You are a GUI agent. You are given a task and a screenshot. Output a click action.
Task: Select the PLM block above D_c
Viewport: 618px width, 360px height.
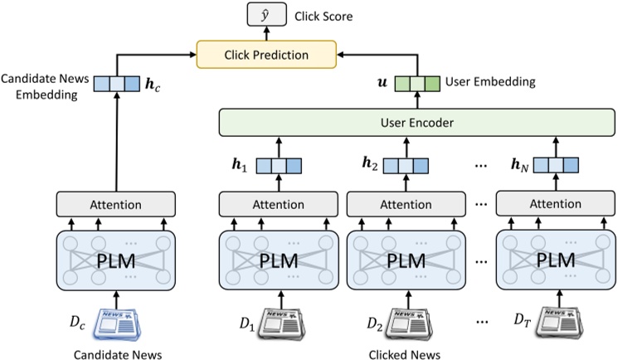coord(115,259)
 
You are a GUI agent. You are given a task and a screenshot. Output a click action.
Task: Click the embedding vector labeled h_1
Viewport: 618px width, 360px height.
coord(275,165)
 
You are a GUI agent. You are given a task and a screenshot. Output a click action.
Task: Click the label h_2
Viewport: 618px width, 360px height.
coord(369,165)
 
